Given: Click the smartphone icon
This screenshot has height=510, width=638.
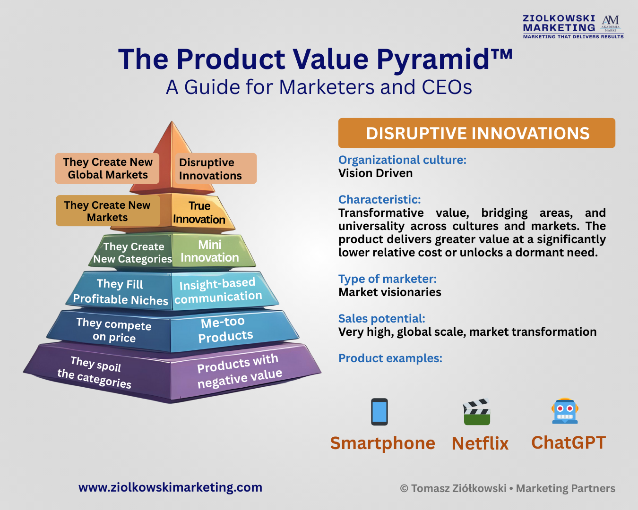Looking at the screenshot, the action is point(379,412).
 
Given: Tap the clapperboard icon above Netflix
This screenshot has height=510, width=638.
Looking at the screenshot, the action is point(477,412).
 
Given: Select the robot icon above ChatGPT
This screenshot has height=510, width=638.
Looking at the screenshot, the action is point(565,411).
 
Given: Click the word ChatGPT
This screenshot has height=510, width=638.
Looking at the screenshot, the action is point(569,443).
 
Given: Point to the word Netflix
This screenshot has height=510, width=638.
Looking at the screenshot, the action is point(480,443).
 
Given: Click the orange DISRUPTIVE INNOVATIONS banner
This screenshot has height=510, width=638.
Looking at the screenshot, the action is point(477,133).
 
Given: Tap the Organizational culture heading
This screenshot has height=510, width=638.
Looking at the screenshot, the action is point(402,161).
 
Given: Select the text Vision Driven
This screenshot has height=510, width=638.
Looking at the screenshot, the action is point(375,173).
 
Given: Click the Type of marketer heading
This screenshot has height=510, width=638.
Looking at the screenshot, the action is point(388,279).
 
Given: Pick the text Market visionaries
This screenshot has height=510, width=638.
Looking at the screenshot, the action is point(389,292).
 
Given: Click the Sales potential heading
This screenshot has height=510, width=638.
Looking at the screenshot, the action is point(382,319).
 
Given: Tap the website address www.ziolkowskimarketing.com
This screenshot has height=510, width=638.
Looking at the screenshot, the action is point(170,487).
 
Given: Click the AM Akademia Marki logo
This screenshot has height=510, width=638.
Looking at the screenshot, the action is point(611,24).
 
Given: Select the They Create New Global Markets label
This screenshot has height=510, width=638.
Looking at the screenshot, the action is point(107,168).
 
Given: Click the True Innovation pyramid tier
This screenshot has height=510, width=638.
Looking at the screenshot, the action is point(199,212).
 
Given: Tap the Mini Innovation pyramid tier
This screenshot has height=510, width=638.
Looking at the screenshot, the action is point(210,251).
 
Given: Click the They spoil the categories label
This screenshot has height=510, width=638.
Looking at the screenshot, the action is point(94,373).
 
